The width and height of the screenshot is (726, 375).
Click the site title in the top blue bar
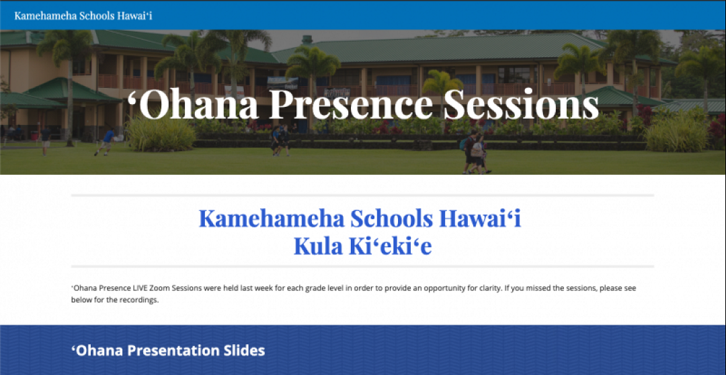[83, 15]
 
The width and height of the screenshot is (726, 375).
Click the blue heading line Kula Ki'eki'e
[362, 247]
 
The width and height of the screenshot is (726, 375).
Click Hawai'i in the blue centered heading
[480, 218]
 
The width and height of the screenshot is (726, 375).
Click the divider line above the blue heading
[362, 196]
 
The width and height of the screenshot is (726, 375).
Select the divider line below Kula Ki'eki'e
[362, 267]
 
